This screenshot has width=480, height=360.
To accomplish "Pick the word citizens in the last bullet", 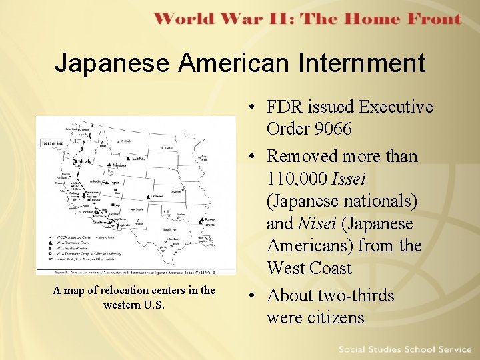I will click(x=335, y=317).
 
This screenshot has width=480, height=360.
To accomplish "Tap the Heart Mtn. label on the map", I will click(x=139, y=159).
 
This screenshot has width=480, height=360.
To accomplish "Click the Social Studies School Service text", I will click(x=404, y=349).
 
